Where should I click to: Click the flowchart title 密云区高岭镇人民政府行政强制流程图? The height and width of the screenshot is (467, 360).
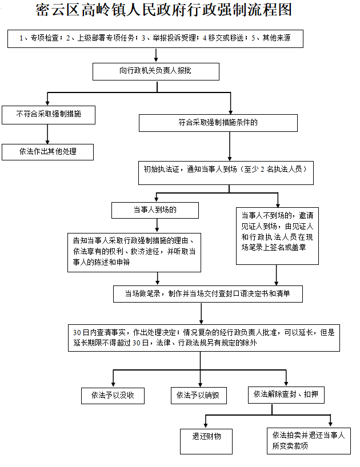click(163, 10)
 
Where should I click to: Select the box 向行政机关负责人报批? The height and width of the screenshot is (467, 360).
click(156, 71)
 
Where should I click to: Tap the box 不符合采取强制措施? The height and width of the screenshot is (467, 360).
click(49, 115)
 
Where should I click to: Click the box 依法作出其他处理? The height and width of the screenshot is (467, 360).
click(47, 152)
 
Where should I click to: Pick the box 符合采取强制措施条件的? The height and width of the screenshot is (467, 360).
click(218, 123)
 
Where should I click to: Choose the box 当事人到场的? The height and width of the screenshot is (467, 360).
click(155, 210)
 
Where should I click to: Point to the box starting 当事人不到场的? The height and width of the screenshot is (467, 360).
click(277, 236)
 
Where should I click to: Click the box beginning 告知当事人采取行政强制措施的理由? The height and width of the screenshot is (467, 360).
click(134, 252)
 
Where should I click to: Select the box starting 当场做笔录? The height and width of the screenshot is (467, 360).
click(208, 294)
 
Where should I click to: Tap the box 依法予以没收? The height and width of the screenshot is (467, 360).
click(113, 396)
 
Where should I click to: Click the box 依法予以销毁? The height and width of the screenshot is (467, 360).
click(199, 396)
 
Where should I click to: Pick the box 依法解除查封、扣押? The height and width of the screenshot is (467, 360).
click(286, 395)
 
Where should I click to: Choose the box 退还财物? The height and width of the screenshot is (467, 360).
click(206, 441)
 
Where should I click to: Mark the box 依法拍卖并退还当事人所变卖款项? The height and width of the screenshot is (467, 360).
click(309, 441)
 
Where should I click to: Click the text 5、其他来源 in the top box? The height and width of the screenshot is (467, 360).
click(271, 38)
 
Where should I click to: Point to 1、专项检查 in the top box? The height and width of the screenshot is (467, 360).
click(39, 38)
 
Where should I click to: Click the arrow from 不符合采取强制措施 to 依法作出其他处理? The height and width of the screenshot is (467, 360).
click(47, 134)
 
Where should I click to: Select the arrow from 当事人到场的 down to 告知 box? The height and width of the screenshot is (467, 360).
click(157, 226)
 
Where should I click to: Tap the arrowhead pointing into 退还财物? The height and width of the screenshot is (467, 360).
click(206, 425)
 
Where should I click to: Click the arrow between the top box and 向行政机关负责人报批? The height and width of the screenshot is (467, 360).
click(156, 55)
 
